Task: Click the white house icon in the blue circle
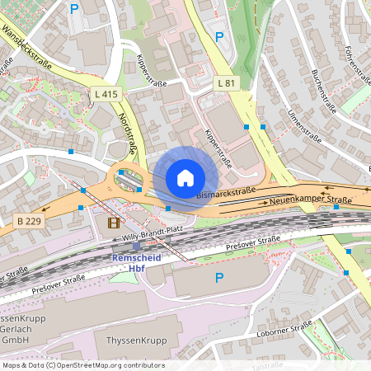(x=185, y=177)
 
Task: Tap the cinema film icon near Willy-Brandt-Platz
(x=113, y=222)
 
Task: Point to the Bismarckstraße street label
(x=228, y=192)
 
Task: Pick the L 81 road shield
(x=227, y=83)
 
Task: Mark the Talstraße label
(x=267, y=366)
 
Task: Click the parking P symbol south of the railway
(x=218, y=279)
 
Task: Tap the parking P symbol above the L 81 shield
(x=218, y=36)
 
